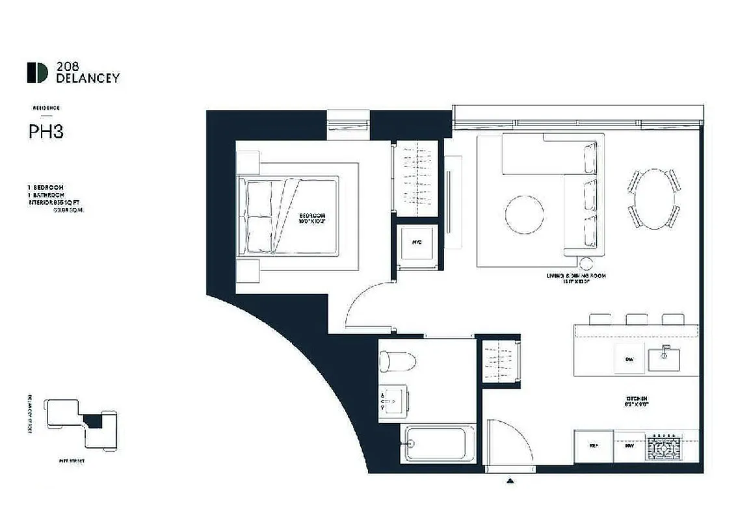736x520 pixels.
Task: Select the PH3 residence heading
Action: pyautogui.click(x=46, y=132)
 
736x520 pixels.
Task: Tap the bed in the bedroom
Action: pyautogui.click(x=289, y=216)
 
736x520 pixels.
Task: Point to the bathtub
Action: pyautogui.click(x=438, y=443)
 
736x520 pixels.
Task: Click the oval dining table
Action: pyautogui.click(x=653, y=198)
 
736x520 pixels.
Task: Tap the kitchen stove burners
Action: pyautogui.click(x=663, y=448)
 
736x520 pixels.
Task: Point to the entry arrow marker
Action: pyautogui.click(x=511, y=481)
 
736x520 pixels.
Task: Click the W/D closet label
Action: pyautogui.click(x=417, y=242)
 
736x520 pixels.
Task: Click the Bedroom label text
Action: pyautogui.click(x=313, y=218)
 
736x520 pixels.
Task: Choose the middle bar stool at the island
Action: pyautogui.click(x=637, y=318)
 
